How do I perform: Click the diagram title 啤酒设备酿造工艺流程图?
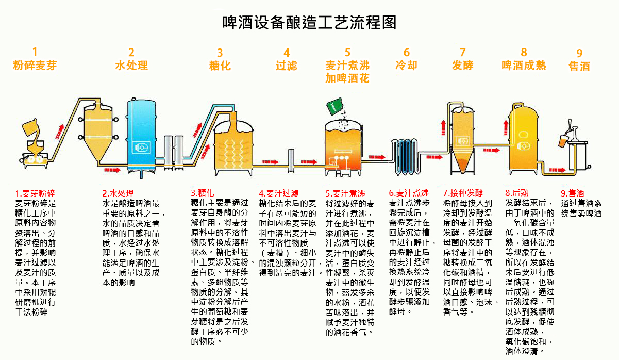[309, 23]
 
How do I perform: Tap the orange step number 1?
[35, 52]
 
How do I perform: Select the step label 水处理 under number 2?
[131, 66]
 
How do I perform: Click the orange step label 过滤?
[287, 66]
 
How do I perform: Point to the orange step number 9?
[579, 53]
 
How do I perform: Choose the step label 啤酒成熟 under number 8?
[524, 66]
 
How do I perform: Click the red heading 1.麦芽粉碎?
[35, 193]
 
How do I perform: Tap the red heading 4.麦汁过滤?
[279, 193]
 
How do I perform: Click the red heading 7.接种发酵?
[463, 193]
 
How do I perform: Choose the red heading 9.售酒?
[573, 193]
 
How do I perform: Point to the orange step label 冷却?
[406, 66]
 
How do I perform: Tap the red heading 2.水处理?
[118, 193]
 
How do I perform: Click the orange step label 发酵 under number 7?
[462, 66]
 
